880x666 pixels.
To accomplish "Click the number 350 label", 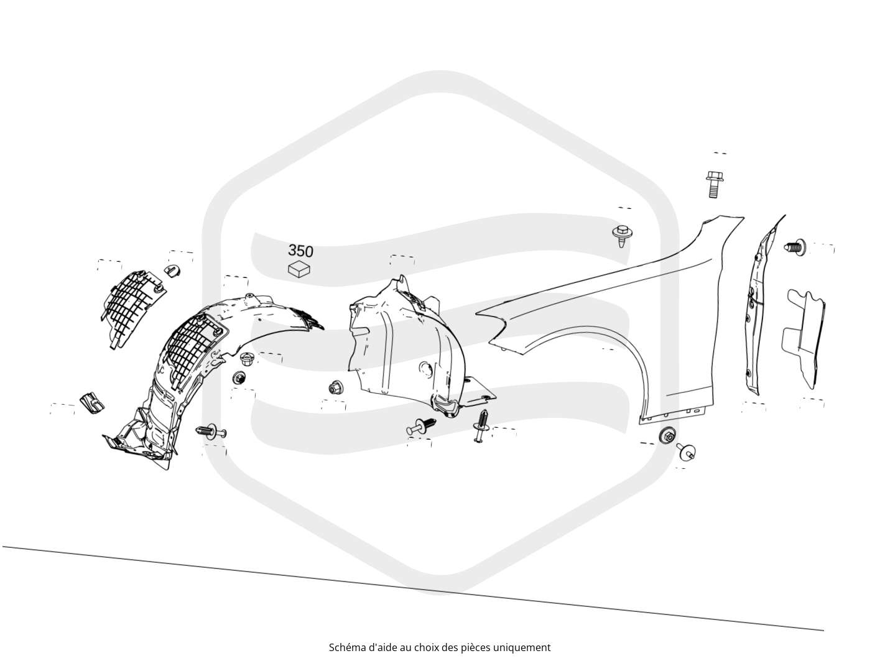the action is tap(300, 251).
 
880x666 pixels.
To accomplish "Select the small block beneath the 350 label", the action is tap(299, 269).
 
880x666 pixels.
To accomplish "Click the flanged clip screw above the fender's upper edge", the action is tap(621, 236).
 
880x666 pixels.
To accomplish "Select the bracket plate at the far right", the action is tap(803, 339).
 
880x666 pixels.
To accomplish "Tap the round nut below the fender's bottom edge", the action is tap(667, 435).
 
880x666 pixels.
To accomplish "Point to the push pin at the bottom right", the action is tap(686, 451).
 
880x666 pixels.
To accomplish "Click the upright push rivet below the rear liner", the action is tap(480, 425).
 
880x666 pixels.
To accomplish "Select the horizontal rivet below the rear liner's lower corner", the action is tap(421, 426).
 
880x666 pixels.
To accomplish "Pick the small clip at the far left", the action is tap(93, 402).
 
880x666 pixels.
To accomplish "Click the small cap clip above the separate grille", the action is tap(172, 271).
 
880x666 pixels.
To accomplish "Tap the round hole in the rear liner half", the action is tap(426, 369).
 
